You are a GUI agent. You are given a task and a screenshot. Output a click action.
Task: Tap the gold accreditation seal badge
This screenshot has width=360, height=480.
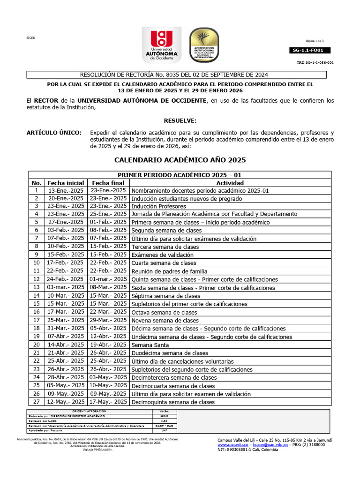(x=204, y=45)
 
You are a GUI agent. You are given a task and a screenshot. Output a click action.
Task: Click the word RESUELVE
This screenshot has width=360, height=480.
(x=180, y=120)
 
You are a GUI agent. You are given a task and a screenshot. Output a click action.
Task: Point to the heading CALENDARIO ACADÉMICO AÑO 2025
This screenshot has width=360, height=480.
(x=180, y=160)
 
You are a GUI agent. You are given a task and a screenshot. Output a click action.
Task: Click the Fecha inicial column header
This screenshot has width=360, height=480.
(x=66, y=183)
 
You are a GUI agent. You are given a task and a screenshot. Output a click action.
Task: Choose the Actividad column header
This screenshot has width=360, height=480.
(x=230, y=183)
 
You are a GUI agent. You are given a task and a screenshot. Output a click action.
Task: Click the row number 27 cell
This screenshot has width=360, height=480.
(x=36, y=402)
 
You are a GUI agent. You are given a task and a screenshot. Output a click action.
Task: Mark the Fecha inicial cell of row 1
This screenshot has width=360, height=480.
(x=66, y=191)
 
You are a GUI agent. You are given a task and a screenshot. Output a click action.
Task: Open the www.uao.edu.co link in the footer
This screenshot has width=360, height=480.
(x=232, y=444)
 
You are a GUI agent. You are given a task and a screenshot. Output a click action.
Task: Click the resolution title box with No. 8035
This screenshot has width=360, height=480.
(x=180, y=75)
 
